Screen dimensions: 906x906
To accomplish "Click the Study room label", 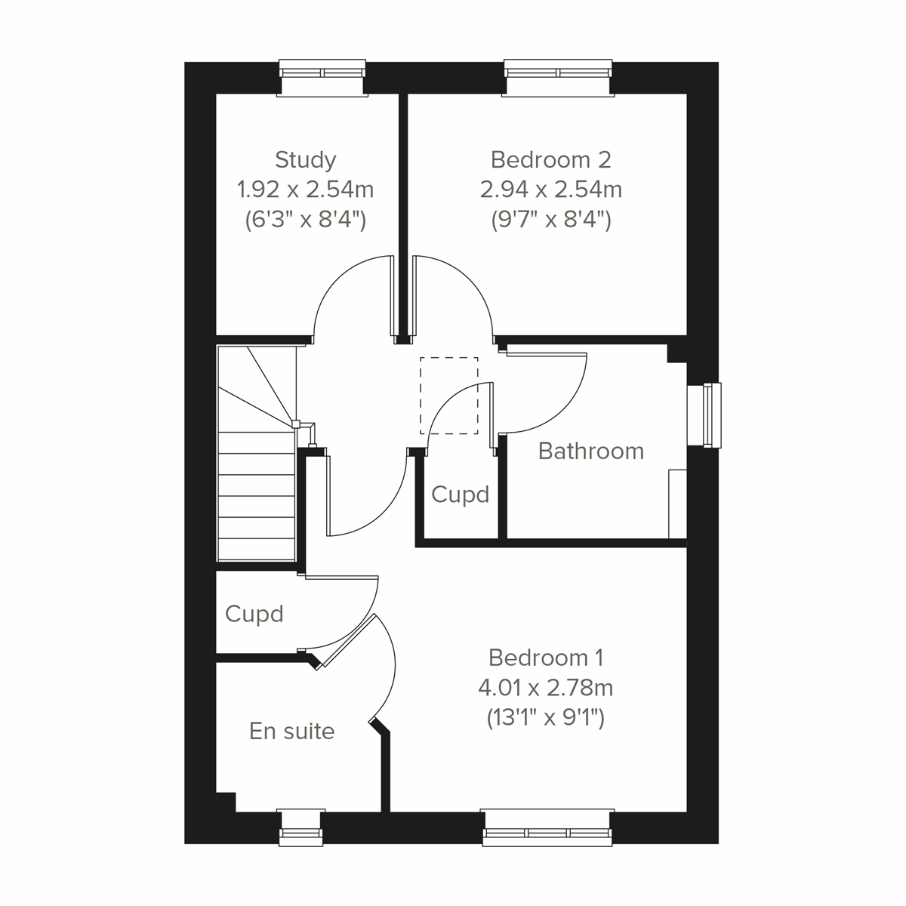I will (x=305, y=160).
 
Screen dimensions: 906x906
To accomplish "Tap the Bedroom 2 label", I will (x=550, y=160).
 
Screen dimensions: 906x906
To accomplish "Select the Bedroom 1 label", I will (x=546, y=658).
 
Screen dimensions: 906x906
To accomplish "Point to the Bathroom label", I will (x=591, y=451).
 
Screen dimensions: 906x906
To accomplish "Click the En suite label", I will (x=292, y=731).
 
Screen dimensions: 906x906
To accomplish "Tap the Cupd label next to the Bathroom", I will (x=461, y=495).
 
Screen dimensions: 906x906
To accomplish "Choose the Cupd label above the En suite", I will (x=254, y=614).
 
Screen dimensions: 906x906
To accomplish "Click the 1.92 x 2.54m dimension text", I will (x=305, y=189).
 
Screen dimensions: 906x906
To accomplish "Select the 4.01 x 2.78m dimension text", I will (x=546, y=688).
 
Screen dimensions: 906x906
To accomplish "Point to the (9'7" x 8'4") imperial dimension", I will (x=550, y=220).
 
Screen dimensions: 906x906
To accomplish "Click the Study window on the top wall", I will (x=322, y=78).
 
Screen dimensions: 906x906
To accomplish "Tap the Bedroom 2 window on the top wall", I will (x=558, y=78).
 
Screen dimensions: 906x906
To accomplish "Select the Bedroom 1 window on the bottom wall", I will (x=547, y=827).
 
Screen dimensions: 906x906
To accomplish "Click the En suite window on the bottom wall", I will (x=301, y=827).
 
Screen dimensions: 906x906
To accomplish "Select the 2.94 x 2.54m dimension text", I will (x=550, y=189).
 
